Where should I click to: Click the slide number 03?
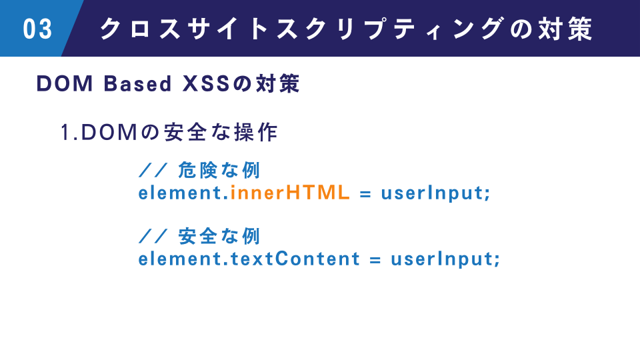coord(37,29)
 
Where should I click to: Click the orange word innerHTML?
coord(290,192)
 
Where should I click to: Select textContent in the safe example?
coord(295,259)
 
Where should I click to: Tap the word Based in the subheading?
coord(137,84)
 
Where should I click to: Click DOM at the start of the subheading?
coord(65,84)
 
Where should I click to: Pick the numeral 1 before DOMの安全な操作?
coord(65,132)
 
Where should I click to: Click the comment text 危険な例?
coord(219,170)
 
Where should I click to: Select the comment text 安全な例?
coord(219,236)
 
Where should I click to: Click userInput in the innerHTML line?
coord(433,193)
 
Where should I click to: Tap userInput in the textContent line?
coord(443,259)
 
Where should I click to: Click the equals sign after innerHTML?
coord(365,194)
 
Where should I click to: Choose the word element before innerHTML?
coord(180,192)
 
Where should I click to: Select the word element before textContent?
coord(180,259)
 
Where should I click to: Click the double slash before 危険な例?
coord(153,170)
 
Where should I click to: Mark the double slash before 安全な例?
coord(153,236)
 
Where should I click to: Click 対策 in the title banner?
coord(565,29)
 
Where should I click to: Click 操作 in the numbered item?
coord(256,132)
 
